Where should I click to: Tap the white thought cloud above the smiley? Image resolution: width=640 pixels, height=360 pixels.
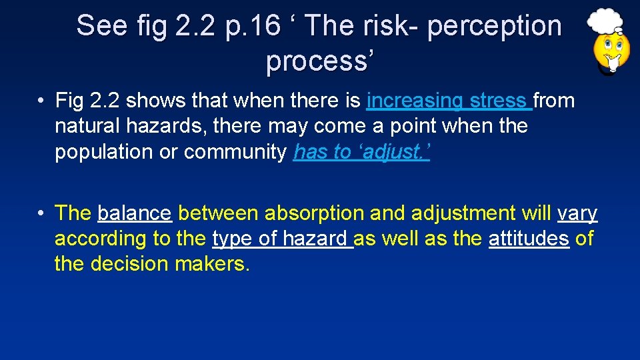[606, 20]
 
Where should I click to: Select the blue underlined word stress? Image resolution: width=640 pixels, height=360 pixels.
[498, 101]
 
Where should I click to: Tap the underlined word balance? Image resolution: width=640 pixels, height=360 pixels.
[134, 213]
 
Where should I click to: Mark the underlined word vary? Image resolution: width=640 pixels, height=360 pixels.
[577, 213]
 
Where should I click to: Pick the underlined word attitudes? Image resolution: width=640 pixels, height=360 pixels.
[529, 239]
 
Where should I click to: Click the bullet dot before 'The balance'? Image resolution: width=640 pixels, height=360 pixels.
[41, 213]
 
